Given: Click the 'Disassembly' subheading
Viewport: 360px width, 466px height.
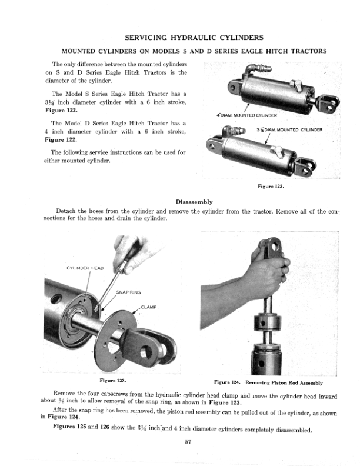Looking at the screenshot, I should click(194, 201).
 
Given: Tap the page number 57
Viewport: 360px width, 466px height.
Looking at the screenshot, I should click(185, 443).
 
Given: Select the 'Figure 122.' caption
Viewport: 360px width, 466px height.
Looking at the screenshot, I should click(271, 187).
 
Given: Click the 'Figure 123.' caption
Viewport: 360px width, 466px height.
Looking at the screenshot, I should click(113, 380).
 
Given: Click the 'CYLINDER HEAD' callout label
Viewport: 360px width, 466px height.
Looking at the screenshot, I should click(84, 268).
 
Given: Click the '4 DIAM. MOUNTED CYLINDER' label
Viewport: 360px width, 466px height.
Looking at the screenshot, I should click(243, 114).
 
